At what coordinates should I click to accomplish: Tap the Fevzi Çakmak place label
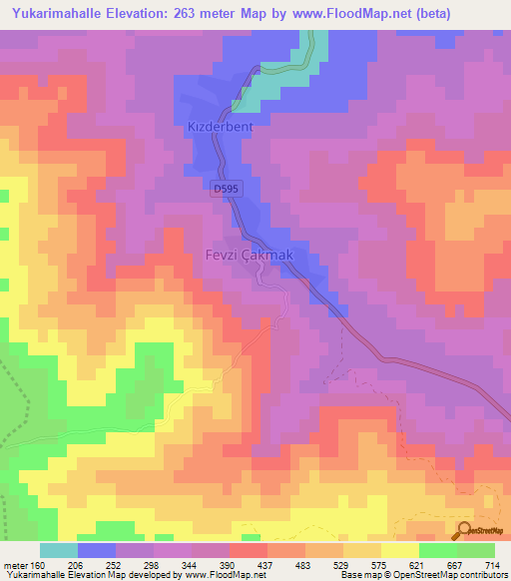250,256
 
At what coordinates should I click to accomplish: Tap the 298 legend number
150,564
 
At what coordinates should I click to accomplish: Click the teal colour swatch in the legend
59,550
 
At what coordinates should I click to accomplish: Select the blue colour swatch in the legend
97,550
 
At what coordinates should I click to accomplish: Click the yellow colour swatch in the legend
399,550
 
